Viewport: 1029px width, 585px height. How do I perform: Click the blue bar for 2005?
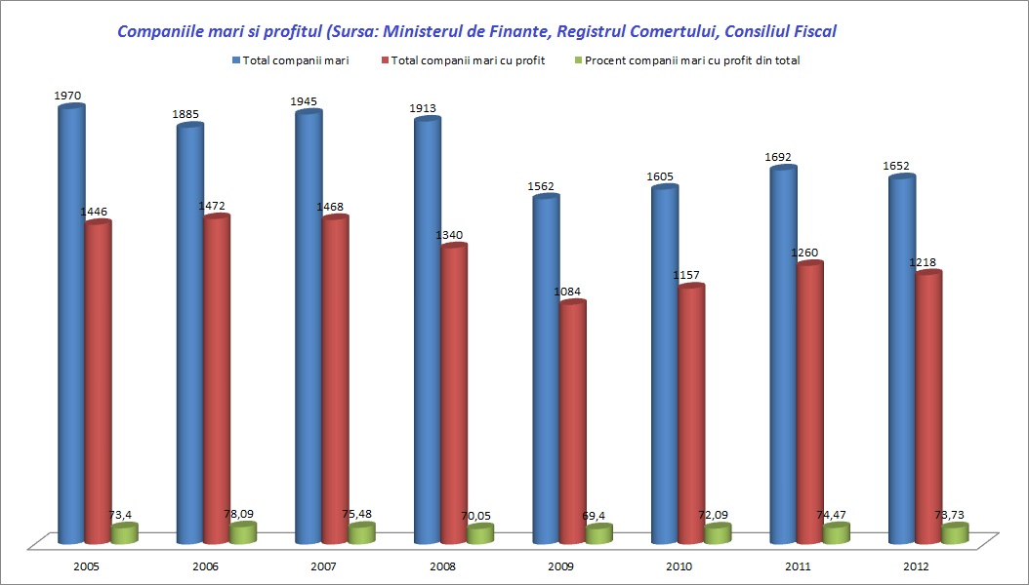click(71, 322)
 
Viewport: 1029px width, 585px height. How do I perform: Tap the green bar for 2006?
click(242, 532)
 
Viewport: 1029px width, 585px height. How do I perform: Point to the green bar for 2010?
click(718, 533)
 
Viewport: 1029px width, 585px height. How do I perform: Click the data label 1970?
click(68, 96)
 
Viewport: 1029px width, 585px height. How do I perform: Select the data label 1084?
click(572, 292)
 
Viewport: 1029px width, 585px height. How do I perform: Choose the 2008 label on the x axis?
click(442, 566)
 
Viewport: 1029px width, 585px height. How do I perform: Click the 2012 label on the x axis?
click(917, 566)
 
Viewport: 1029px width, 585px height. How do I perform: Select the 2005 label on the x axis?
click(87, 566)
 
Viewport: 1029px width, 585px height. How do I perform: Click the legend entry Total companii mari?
click(297, 60)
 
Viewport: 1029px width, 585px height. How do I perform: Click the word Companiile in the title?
click(160, 31)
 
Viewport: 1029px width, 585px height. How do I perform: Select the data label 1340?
click(453, 235)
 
